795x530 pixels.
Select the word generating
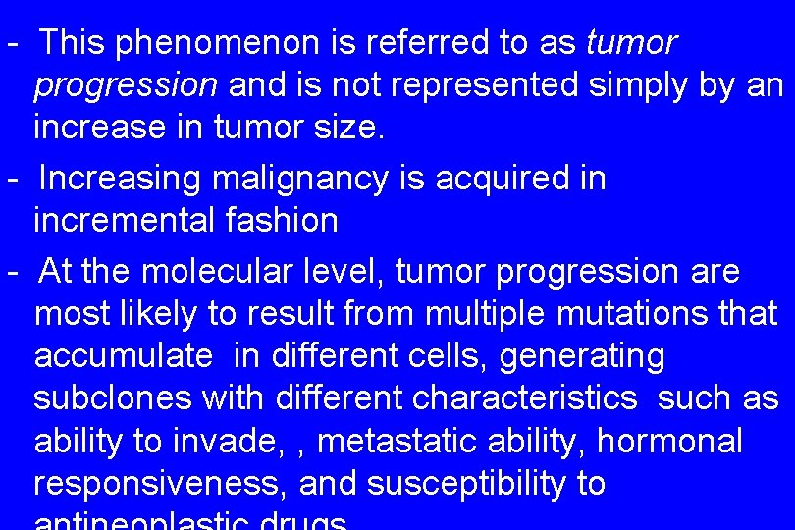click(x=582, y=355)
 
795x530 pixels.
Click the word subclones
click(x=113, y=398)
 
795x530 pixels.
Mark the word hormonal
click(x=669, y=442)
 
